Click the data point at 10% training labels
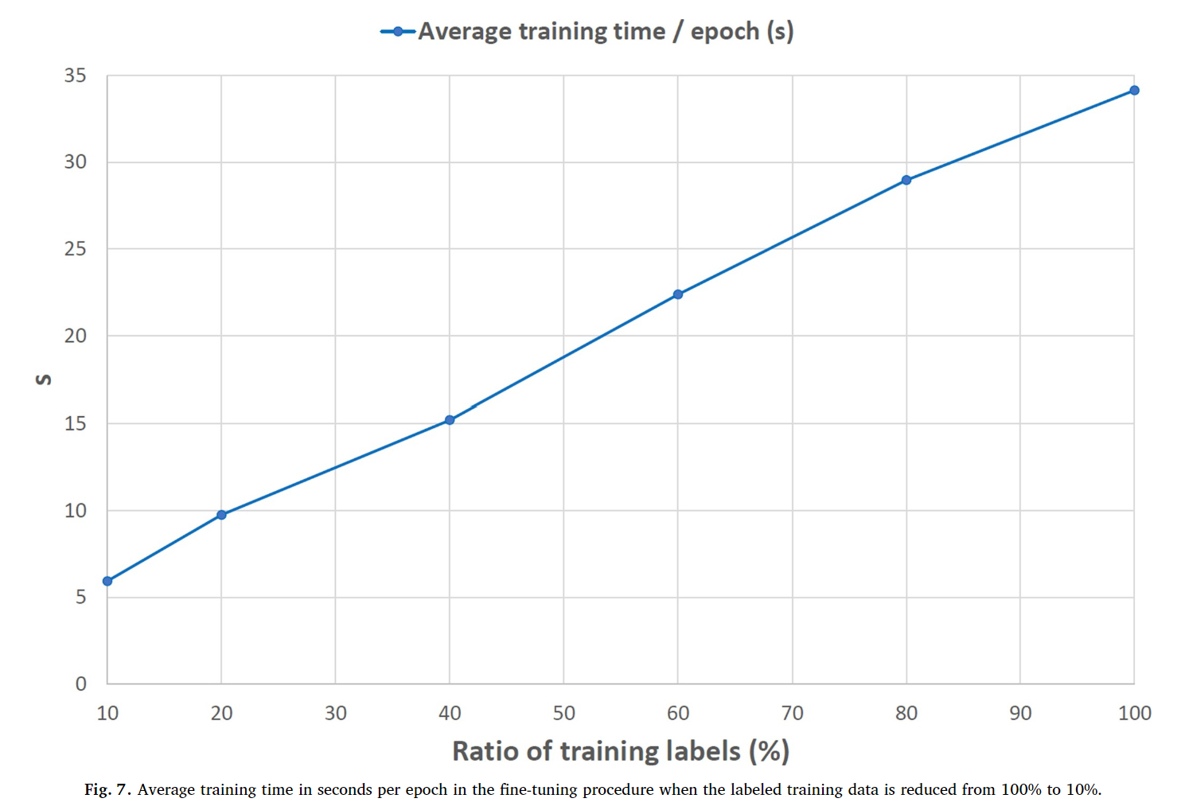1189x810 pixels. pos(107,581)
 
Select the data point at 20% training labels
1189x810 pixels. pos(221,514)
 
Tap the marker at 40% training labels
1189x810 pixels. pos(450,420)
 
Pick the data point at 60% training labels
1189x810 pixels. pos(678,294)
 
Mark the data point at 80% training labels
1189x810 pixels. pos(906,180)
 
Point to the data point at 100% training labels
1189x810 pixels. pos(1134,90)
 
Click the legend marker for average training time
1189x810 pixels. pos(398,32)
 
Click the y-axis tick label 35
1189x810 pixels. pos(75,76)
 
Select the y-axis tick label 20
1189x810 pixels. pos(75,336)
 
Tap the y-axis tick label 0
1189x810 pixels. pos(80,683)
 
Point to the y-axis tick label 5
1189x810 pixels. pos(80,597)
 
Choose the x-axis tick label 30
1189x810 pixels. pos(336,713)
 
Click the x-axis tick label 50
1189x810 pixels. pos(563,713)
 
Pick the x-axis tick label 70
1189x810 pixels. pos(793,713)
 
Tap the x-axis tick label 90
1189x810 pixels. pos(1020,713)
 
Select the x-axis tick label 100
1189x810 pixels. pos(1135,713)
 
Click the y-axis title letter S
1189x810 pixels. pos(44,380)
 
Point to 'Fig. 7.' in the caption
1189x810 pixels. pos(107,790)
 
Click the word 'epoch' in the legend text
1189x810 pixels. pos(725,32)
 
